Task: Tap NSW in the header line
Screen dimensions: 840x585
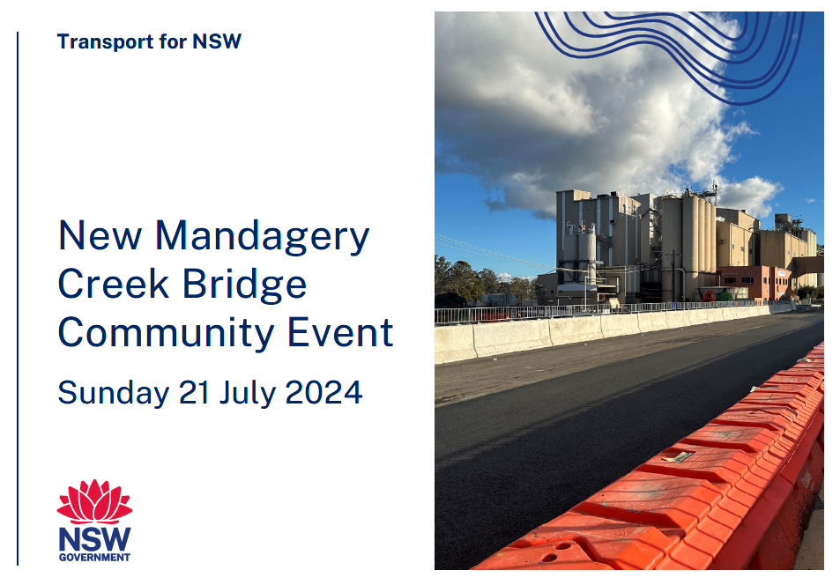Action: [217, 41]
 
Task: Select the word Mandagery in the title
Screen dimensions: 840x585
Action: [262, 237]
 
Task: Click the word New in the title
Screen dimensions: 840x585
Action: [100, 236]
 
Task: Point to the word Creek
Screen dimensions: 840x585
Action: [114, 284]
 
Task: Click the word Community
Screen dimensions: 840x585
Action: [166, 334]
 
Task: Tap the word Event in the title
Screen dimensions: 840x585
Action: [341, 332]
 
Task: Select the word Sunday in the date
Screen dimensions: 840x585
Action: [114, 394]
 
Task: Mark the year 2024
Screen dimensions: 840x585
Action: [323, 392]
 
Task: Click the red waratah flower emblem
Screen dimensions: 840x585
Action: [95, 501]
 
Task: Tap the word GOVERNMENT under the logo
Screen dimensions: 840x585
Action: [94, 557]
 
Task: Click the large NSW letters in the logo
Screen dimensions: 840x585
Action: [94, 539]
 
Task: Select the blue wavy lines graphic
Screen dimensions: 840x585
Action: [670, 54]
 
